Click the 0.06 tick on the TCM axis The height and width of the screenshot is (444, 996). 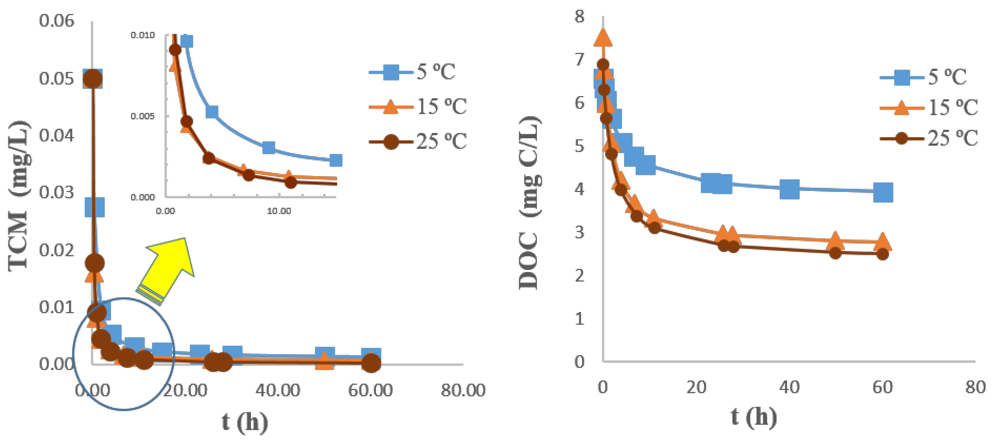[56, 21]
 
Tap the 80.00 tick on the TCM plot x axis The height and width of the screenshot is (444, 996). [463, 390]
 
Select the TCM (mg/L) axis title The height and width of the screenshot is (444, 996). [19, 196]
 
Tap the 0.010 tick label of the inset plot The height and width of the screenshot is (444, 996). [142, 35]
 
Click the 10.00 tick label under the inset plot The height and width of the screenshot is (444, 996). [279, 211]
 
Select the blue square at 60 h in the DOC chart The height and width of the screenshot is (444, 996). [883, 192]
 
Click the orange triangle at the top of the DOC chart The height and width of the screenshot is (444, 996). [603, 39]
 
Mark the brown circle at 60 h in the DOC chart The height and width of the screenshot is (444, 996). [882, 254]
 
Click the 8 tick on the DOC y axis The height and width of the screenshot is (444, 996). [579, 17]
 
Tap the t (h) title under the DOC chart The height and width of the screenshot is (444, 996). [754, 417]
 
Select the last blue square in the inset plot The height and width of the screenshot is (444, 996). [336, 160]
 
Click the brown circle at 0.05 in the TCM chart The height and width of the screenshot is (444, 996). [93, 79]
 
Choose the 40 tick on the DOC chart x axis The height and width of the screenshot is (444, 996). [789, 387]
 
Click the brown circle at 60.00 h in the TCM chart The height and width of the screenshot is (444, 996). [371, 362]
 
